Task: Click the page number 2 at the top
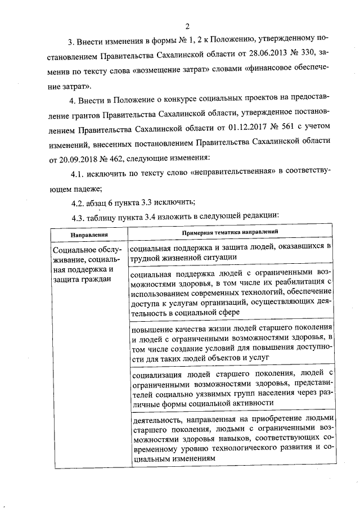pyautogui.click(x=187, y=25)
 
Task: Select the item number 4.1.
pyautogui.click(x=80, y=172)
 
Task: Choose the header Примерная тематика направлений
pyautogui.click(x=231, y=232)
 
